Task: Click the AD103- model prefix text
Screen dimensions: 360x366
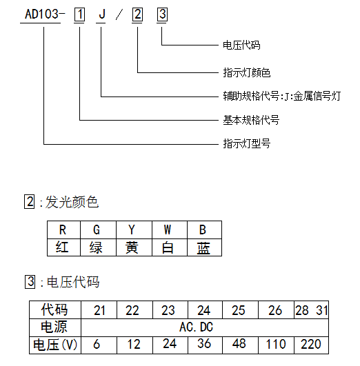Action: [45, 14]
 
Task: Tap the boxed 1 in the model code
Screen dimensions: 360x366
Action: [79, 14]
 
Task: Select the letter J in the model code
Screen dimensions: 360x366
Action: [102, 14]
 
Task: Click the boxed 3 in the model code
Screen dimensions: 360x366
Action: [162, 14]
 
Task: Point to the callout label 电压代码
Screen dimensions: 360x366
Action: [241, 45]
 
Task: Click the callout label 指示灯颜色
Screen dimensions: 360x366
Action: [246, 72]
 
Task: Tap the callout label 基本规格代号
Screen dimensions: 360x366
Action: [251, 120]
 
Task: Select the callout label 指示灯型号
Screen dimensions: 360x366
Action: [246, 143]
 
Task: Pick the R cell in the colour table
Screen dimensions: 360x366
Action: [63, 230]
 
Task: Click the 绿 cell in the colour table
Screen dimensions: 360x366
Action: [98, 247]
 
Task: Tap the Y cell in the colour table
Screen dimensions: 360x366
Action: [134, 230]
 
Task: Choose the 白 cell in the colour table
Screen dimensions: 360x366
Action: [170, 247]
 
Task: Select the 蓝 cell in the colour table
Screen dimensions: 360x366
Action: [204, 247]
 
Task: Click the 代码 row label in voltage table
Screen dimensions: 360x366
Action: [55, 309]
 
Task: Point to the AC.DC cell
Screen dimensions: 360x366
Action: [197, 327]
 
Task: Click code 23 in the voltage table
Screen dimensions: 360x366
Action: [168, 310]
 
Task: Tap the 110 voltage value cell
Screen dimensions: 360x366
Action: [276, 345]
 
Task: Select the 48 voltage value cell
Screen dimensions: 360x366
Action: [239, 344]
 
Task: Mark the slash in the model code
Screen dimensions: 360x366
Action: [119, 14]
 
